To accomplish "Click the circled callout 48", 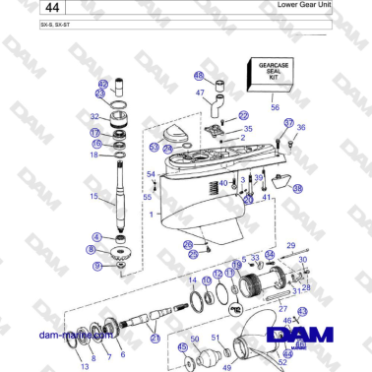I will [x=197, y=76].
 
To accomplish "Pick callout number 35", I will [x=247, y=129].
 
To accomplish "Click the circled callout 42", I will [x=102, y=85].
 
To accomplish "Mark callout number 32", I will [x=94, y=116].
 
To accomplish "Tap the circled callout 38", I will [x=297, y=188].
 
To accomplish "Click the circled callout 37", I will [x=288, y=123].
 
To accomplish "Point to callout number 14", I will [x=191, y=280].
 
